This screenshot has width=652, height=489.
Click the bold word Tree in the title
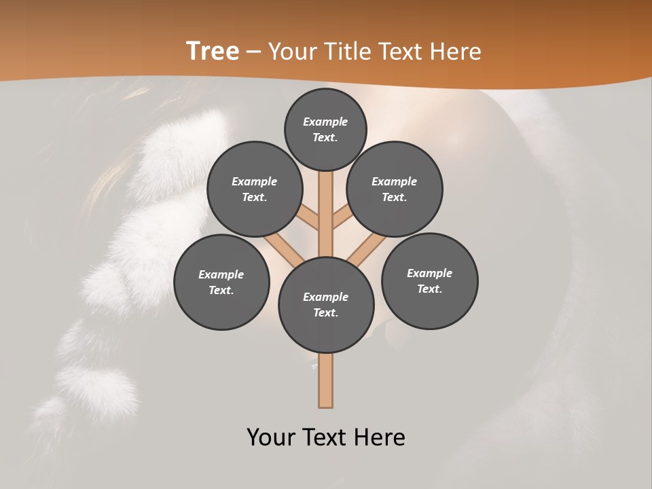[213, 51]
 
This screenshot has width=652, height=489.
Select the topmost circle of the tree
[325, 129]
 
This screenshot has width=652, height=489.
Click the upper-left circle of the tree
[254, 189]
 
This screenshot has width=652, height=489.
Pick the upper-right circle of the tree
[395, 189]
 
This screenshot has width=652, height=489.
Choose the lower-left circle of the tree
[221, 282]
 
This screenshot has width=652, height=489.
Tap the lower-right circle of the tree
[429, 280]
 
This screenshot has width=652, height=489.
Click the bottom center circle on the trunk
[326, 304]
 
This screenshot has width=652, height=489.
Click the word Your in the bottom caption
[272, 437]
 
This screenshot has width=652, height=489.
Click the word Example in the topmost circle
[325, 122]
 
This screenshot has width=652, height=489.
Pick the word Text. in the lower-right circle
[429, 289]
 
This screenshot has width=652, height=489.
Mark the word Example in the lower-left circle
[221, 274]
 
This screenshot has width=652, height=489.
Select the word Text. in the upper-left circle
[254, 197]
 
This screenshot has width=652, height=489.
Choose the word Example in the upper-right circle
[394, 181]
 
